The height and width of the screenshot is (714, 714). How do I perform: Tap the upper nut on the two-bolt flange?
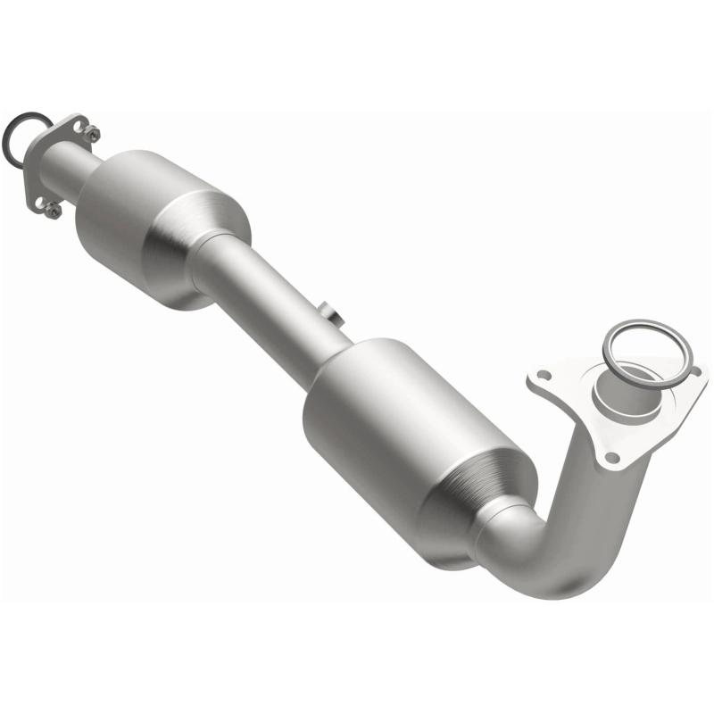(91, 134)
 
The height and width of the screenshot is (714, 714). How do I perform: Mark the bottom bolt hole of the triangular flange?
(611, 457)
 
